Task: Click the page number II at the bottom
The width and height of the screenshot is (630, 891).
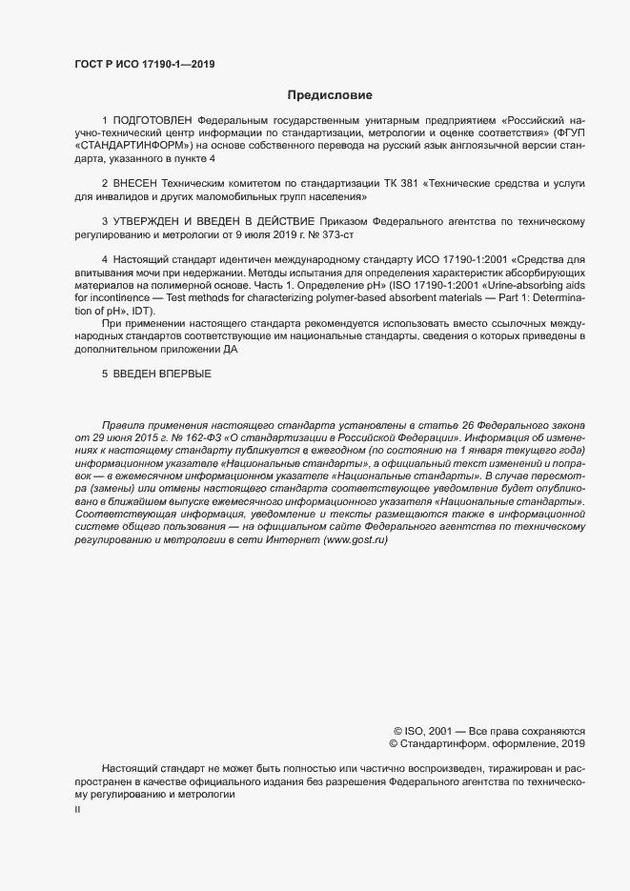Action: (78, 809)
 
